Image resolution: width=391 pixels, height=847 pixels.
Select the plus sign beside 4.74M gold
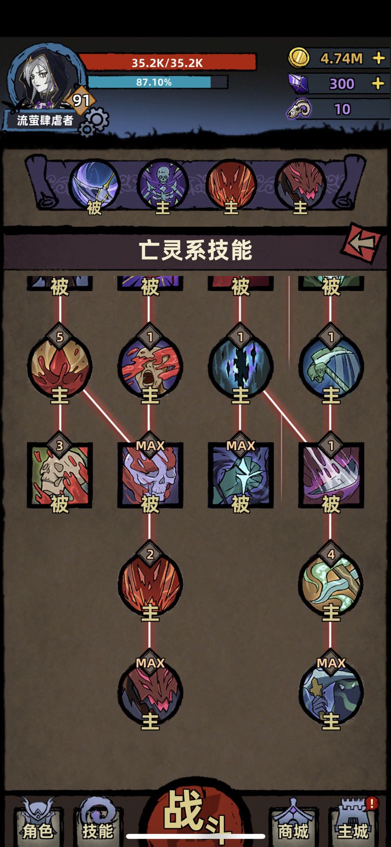(378, 58)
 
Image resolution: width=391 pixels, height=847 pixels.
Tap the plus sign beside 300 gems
(378, 84)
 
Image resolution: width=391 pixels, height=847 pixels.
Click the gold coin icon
(299, 58)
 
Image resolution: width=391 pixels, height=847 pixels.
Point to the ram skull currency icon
(299, 109)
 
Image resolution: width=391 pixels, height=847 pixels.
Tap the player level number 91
(81, 100)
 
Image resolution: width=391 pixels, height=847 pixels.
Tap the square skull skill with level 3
(59, 475)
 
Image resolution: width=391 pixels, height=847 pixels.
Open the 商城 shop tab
(293, 825)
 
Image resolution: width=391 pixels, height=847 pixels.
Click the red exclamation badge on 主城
(372, 803)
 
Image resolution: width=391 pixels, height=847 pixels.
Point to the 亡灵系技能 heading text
(195, 250)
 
